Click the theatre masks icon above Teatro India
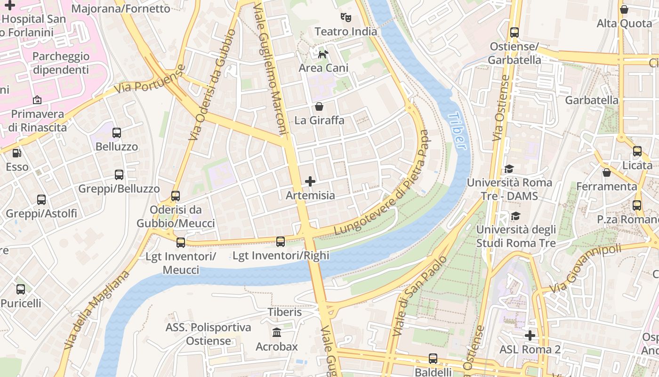coord(346,18)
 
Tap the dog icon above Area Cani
coord(323,54)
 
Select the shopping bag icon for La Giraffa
coord(319,107)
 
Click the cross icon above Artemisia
coord(310,181)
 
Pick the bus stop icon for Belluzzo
coord(117,133)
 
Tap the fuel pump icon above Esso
coord(17,153)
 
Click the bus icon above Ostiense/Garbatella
coord(514,33)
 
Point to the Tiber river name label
coord(458,131)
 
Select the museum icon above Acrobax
coord(277,333)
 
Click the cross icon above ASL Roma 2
coord(530,336)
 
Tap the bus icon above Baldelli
coord(433,359)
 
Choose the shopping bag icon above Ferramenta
coord(607,172)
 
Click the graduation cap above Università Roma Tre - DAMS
coord(509,169)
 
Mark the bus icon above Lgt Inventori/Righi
coord(281,242)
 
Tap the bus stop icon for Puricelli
coord(21,289)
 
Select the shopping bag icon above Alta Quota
coord(624,9)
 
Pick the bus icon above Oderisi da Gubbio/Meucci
coord(176,196)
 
